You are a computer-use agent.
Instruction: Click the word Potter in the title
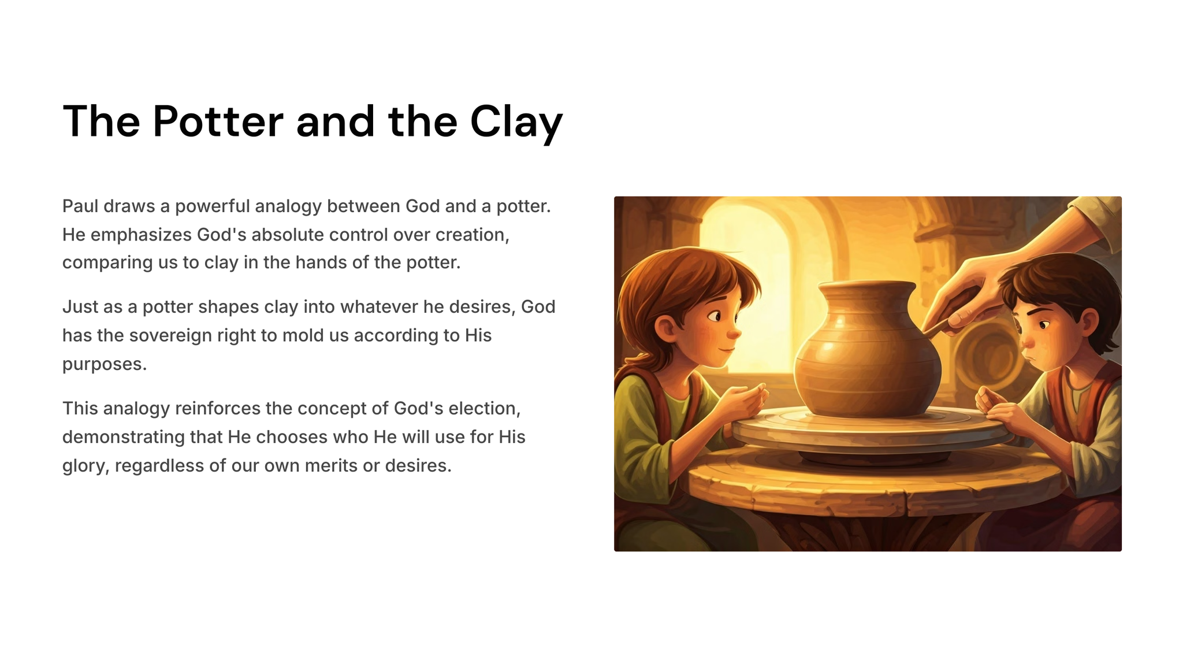point(218,121)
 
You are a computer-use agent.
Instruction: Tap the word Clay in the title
point(516,123)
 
